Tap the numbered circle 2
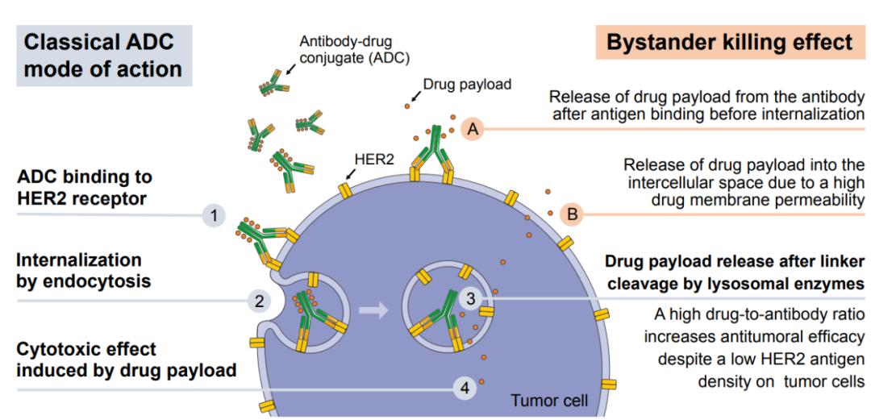coord(259,301)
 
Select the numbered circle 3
coord(471,298)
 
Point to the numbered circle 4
coord(464,389)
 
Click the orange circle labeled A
coord(474,128)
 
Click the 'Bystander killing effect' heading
coord(729,43)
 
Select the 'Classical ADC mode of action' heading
coord(102,55)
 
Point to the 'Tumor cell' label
coord(548,400)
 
